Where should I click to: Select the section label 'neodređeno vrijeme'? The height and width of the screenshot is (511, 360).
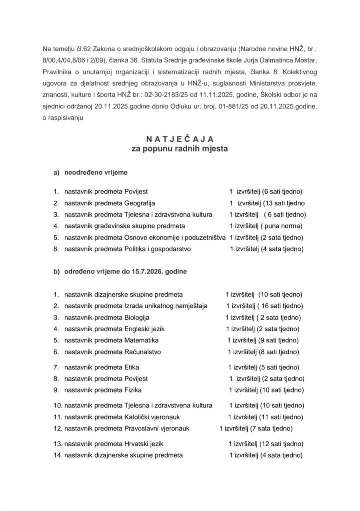95,173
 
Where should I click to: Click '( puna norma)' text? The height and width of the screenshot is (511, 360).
274,226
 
